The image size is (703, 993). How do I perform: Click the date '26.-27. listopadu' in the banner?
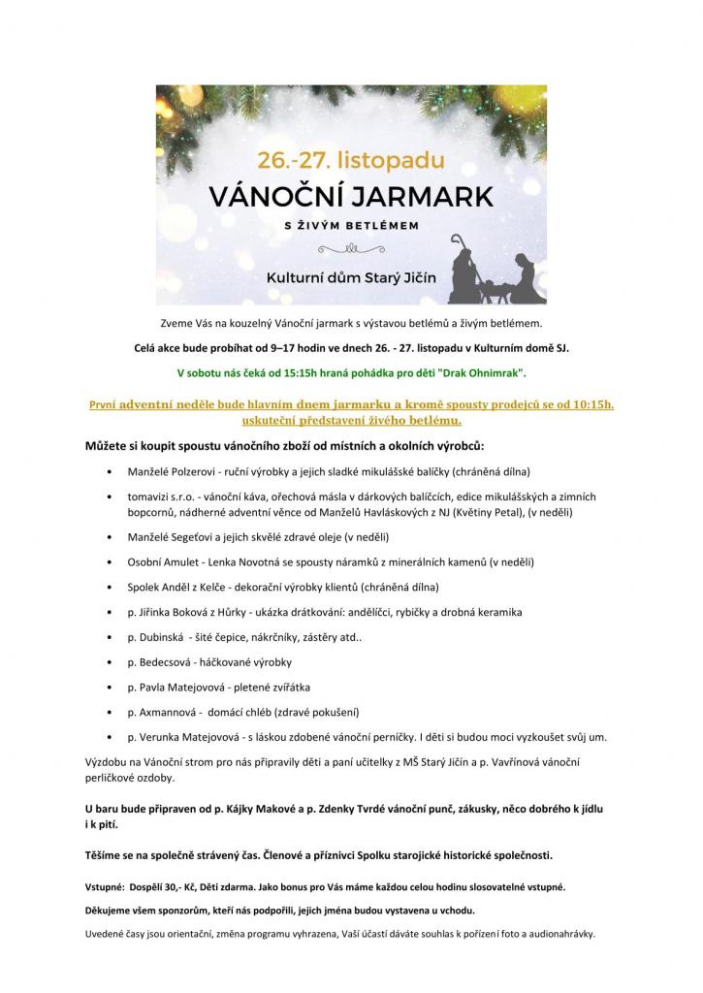pos(350,157)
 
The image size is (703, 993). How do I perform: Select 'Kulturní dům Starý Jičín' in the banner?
pos(353,277)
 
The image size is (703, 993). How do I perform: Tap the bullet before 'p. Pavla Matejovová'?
pos(114,688)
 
